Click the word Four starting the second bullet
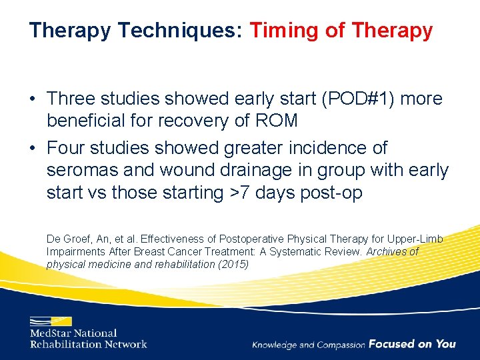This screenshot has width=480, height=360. coord(67,147)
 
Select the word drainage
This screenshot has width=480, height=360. coord(248,170)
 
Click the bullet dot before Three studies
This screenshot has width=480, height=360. coord(33,99)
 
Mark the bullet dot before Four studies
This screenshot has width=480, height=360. coord(33,148)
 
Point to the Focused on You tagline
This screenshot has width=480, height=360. coord(412,344)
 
